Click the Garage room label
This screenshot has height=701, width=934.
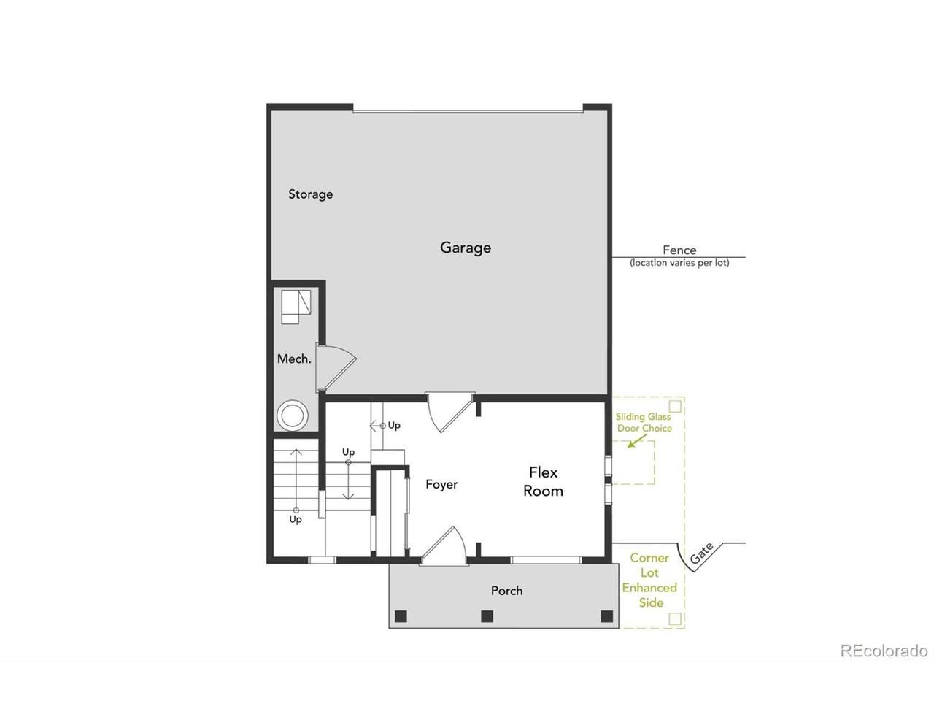pos(466,248)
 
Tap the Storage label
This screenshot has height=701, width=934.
pos(311,194)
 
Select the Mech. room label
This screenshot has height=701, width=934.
pos(294,359)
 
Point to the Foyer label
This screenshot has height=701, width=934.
pos(441,484)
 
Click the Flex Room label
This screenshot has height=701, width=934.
pos(543,482)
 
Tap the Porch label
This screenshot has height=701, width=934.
pos(506,591)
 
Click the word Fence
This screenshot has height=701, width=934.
pos(679,250)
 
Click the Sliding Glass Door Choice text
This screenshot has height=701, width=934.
pos(644,423)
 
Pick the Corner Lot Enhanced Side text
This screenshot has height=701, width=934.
pos(649,580)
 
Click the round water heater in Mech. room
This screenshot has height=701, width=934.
pos(292,415)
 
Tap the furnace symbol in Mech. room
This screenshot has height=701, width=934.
pos(296,307)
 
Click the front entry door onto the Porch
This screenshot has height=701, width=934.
pos(444,546)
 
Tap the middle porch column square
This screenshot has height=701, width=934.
pos(487,616)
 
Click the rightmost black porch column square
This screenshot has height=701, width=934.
pos(607,616)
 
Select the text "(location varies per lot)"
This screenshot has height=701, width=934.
pos(679,263)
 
